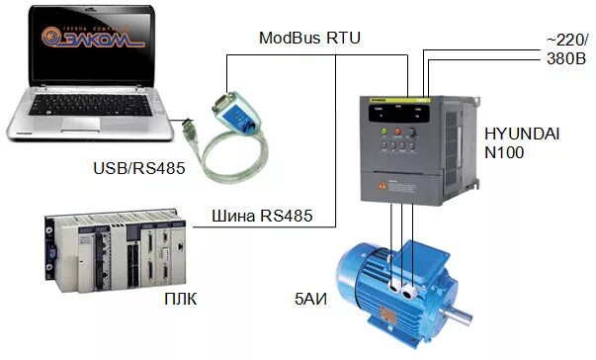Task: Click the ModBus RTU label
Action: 309,39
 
